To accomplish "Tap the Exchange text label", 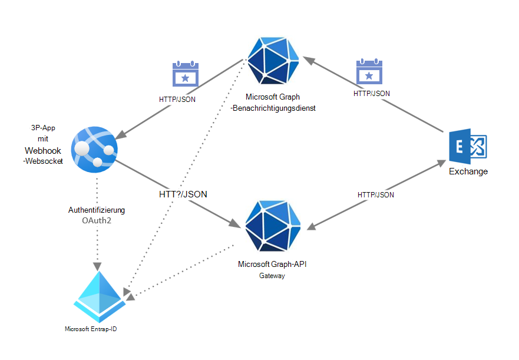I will pyautogui.click(x=468, y=171).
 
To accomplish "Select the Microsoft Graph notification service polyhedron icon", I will pyautogui.click(x=273, y=60).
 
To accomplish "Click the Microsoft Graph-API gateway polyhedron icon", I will pyautogui.click(x=273, y=225).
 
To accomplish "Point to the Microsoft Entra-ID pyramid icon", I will pyautogui.click(x=100, y=293).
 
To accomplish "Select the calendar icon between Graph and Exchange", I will pyautogui.click(x=369, y=73).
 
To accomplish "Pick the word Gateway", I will pyautogui.click(x=272, y=275).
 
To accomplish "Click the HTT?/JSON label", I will pyautogui.click(x=183, y=193).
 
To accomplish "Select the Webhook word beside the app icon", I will pyautogui.click(x=43, y=151).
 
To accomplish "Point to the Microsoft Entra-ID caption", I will pyautogui.click(x=94, y=329).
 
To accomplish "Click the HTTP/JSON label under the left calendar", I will pyautogui.click(x=177, y=99).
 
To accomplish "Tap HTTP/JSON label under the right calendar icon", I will pyautogui.click(x=371, y=93).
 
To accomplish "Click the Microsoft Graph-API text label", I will pyautogui.click(x=272, y=264).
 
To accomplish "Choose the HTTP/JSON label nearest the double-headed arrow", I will pyautogui.click(x=376, y=194).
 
